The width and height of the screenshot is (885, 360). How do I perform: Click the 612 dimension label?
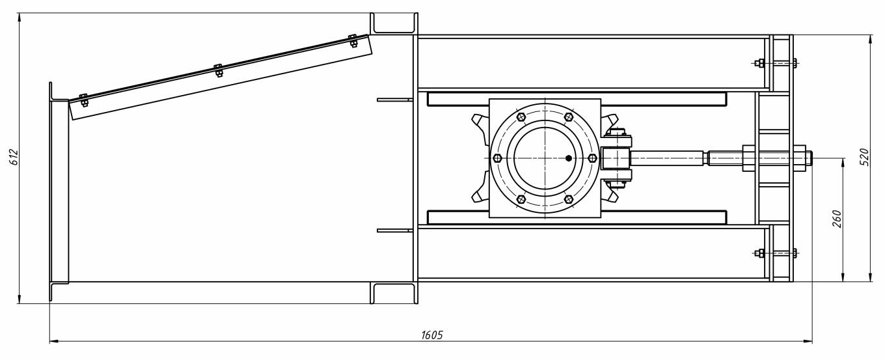pos(14,157)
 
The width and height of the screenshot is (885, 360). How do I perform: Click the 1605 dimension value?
pos(432,335)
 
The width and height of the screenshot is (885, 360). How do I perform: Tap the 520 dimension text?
pos(864,157)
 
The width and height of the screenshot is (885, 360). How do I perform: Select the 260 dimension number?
pos(837,219)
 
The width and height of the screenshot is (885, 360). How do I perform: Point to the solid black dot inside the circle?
pos(569,158)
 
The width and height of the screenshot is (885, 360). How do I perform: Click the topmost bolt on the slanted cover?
pos(353,41)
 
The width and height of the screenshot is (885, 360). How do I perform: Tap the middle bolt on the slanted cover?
pos(219,70)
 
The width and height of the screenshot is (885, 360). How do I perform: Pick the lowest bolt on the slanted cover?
pos(83,100)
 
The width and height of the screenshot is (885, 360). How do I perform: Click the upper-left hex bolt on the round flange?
pos(521,117)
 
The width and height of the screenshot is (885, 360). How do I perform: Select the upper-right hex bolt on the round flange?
pos(569,117)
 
